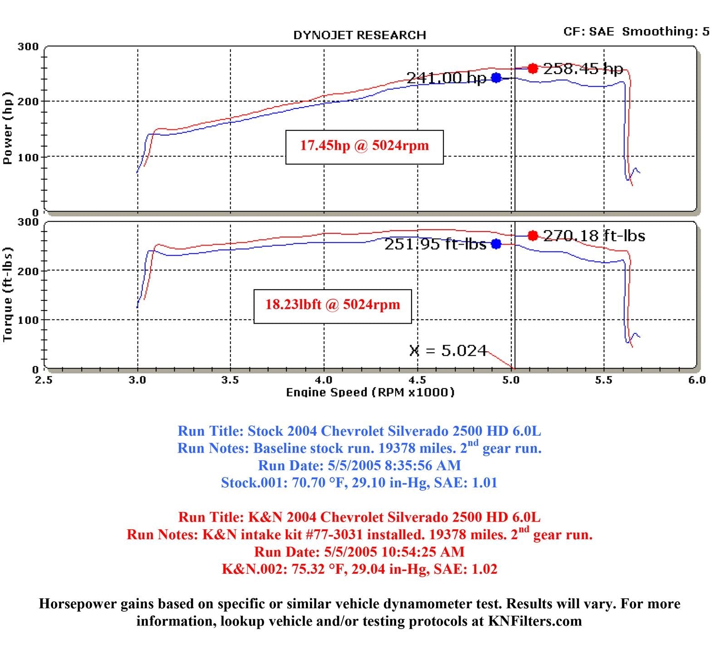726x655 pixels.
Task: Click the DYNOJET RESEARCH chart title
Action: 359,35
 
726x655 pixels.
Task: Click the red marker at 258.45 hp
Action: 533,69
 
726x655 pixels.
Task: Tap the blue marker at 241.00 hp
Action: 496,78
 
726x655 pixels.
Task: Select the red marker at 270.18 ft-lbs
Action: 533,236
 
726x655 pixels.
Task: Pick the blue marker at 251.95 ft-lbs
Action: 496,244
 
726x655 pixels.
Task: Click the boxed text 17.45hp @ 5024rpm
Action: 364,146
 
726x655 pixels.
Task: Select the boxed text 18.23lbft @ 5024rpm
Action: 332,305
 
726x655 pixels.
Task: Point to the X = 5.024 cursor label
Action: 448,351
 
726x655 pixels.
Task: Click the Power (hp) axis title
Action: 8,128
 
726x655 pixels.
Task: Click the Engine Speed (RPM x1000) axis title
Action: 370,392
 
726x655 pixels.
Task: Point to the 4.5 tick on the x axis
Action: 417,380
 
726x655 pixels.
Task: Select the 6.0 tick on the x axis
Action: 697,380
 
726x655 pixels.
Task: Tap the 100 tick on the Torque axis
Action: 28,320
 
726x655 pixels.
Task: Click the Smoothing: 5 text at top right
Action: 665,31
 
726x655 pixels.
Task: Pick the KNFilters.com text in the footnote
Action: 535,621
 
